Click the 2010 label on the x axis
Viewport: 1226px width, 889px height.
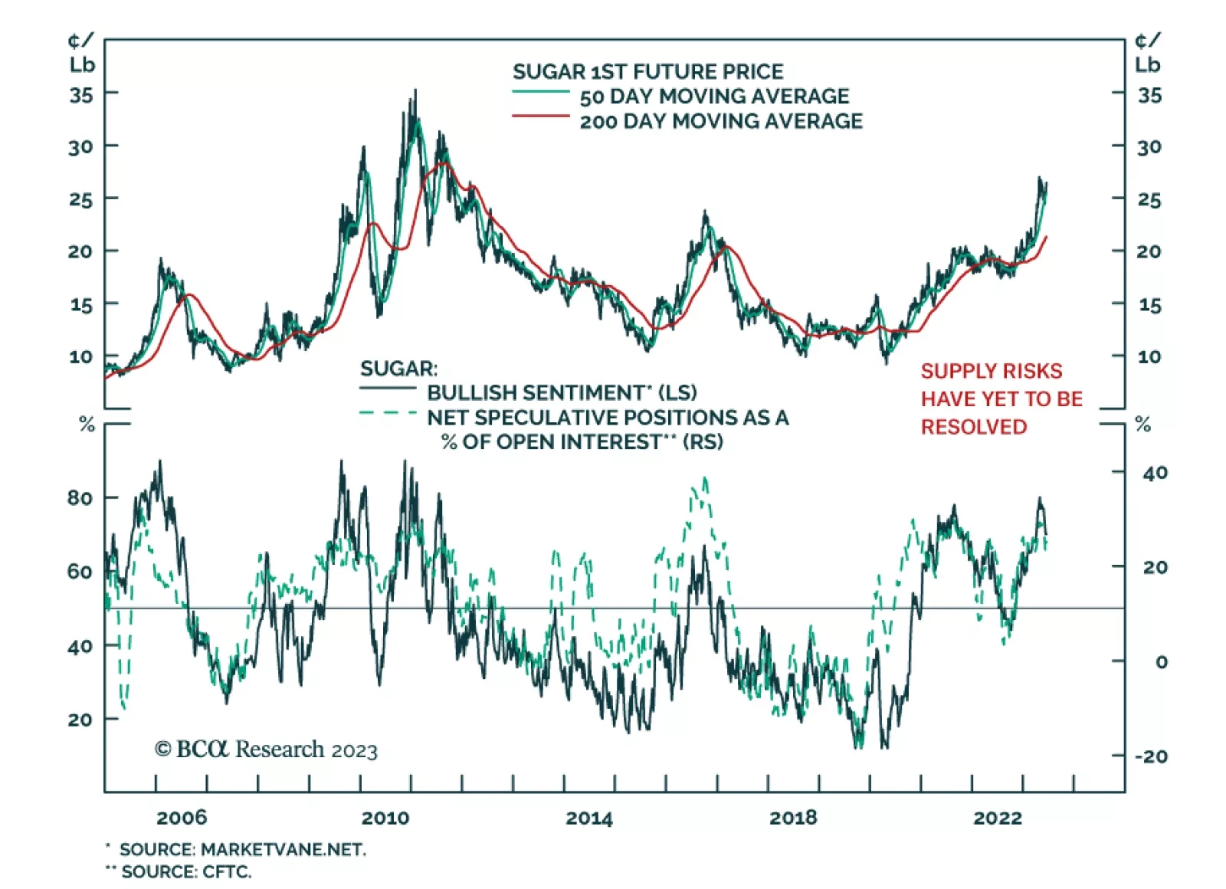pos(385,818)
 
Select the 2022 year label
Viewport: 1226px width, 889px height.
pos(998,818)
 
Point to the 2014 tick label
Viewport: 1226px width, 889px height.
pos(589,818)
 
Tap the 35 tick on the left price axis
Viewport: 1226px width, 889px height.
pos(80,95)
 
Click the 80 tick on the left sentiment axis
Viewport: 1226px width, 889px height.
pos(80,498)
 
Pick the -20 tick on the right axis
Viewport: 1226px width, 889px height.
pos(1151,756)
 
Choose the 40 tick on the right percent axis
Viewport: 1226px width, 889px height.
pos(1155,473)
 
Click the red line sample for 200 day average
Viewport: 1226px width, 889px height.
pos(540,116)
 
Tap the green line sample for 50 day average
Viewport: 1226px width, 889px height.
pos(540,92)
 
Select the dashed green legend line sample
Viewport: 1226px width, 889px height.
pos(388,413)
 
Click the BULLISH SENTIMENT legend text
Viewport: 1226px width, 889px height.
pos(562,392)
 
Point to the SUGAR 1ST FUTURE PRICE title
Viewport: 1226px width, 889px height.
pos(648,72)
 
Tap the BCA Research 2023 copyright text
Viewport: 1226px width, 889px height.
pos(266,749)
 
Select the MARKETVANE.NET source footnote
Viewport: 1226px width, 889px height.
pos(242,849)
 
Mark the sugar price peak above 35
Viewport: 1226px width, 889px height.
pos(415,90)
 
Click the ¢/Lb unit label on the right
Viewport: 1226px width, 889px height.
pos(1147,53)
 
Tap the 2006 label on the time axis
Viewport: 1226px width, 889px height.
pos(182,818)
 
